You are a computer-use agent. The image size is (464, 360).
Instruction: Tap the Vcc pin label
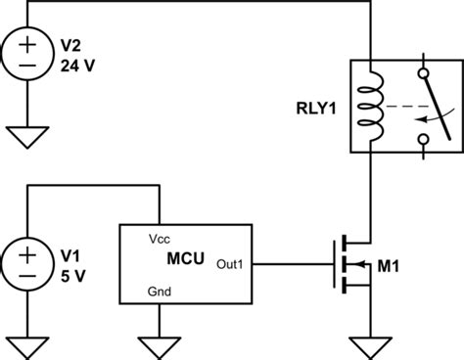(161, 239)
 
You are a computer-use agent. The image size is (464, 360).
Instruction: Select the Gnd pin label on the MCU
(161, 292)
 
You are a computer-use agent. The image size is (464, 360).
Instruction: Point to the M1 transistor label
(415, 266)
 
